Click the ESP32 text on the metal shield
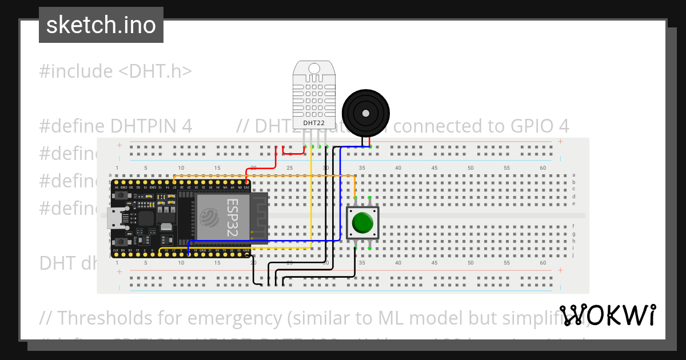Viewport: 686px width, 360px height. click(x=232, y=217)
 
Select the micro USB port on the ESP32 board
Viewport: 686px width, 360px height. click(x=116, y=218)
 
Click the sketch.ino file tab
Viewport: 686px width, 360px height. click(x=101, y=25)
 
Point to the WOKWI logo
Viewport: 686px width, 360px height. click(x=607, y=315)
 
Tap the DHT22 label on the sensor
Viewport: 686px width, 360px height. click(x=314, y=123)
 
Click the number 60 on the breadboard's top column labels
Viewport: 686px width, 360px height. click(x=543, y=168)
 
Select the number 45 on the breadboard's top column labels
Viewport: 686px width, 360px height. click(x=434, y=168)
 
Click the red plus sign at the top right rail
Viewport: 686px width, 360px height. click(x=560, y=142)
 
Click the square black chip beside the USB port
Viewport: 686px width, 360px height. click(x=146, y=218)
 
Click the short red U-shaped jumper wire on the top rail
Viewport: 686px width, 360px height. click(x=294, y=152)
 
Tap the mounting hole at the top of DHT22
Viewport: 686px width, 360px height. click(x=314, y=69)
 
